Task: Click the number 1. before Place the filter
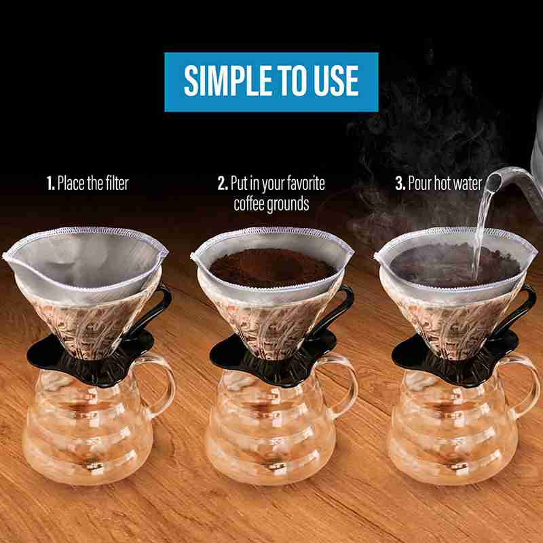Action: tap(50, 183)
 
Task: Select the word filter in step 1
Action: tap(115, 183)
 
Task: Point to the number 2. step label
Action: tap(222, 183)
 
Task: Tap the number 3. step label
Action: tap(401, 183)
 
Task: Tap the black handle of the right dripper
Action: tap(526, 305)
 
